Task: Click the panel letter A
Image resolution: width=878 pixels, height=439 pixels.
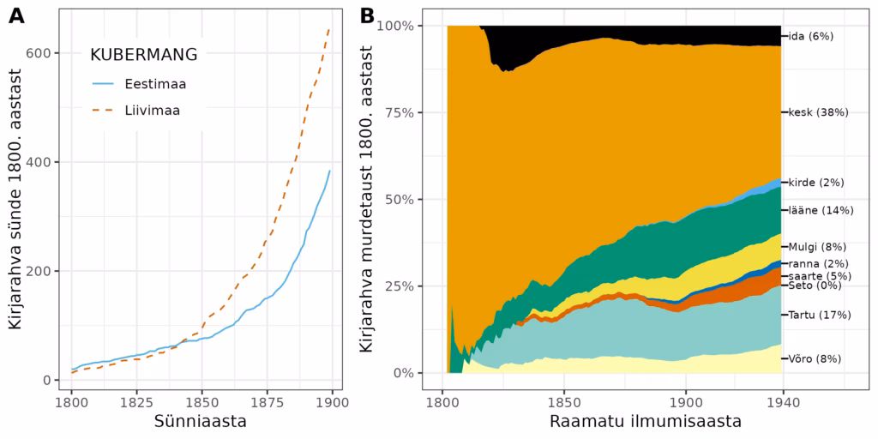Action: [16, 15]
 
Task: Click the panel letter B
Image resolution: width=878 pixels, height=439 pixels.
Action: [367, 15]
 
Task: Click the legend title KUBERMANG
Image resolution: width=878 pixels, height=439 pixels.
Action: [144, 55]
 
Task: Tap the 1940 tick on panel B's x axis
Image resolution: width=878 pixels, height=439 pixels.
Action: [805, 401]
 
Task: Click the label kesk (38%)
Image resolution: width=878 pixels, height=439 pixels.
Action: [817, 112]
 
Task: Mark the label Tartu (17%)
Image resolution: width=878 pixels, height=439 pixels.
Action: [820, 315]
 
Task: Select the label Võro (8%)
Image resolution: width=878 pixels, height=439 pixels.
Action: [815, 358]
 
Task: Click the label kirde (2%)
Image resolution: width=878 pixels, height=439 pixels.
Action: [816, 183]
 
